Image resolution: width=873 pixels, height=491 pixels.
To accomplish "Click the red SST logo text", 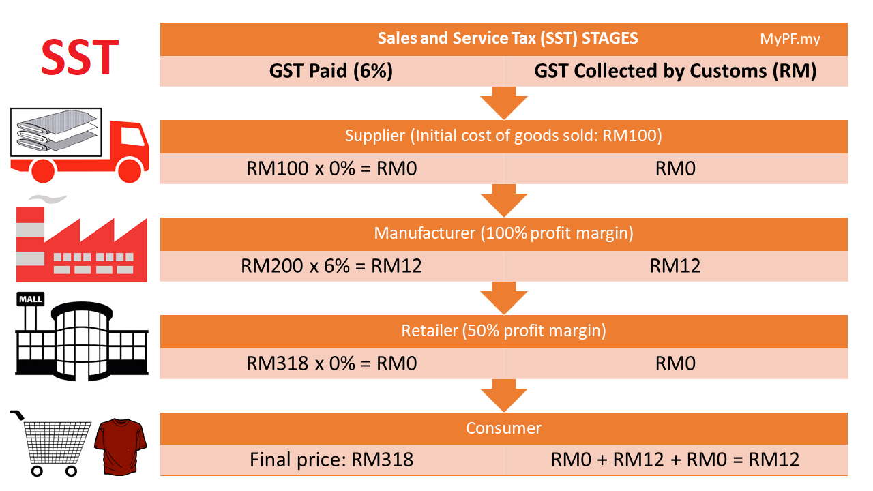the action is tap(80, 57).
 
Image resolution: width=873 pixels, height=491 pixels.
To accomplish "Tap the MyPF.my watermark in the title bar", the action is tap(790, 39).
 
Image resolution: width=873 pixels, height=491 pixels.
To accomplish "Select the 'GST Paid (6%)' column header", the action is tap(331, 71).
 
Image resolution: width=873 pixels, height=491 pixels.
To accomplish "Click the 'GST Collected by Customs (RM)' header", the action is tap(675, 71).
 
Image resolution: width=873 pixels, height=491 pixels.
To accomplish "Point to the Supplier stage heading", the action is tap(503, 136).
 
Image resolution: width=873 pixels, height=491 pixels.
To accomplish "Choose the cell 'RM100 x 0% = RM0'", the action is tap(331, 168).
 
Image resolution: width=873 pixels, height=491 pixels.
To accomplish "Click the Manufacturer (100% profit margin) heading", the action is tap(503, 233).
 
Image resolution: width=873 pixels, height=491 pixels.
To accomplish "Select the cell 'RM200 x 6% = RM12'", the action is tap(331, 266).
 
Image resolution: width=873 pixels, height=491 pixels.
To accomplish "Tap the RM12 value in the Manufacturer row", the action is tap(675, 266).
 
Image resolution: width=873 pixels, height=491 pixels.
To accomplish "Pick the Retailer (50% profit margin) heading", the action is tap(503, 331).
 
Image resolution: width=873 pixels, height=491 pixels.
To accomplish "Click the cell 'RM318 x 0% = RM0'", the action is tap(331, 363).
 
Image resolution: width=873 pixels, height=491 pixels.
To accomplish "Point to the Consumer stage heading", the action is tap(503, 428).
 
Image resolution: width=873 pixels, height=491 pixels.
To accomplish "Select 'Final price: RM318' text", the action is tap(331, 460).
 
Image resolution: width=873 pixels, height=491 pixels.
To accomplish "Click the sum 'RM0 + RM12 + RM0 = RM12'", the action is tap(675, 460).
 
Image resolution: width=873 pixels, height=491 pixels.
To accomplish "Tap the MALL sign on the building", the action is tap(31, 299).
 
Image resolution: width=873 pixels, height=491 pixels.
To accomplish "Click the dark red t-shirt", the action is tap(121, 447).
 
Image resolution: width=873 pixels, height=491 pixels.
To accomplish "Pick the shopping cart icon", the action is tap(50, 443).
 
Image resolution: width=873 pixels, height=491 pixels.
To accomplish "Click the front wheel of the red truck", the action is tap(130, 170).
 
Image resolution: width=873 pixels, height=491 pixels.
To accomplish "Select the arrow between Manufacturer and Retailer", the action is tap(503, 298).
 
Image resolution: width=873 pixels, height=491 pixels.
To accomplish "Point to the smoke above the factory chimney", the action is tap(48, 198).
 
